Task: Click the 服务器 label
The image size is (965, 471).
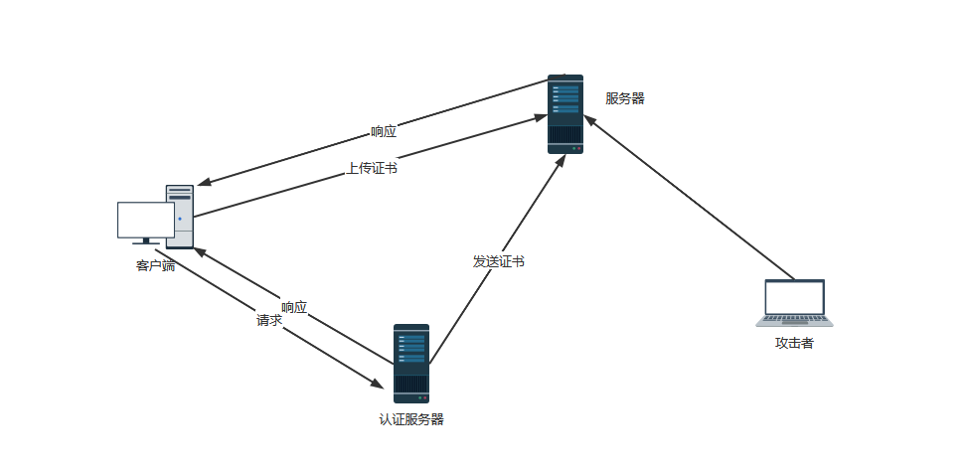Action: [x=625, y=98]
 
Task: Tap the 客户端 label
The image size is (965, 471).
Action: [x=155, y=265]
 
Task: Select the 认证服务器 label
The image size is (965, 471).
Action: [x=411, y=418]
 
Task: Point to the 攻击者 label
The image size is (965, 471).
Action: [x=794, y=343]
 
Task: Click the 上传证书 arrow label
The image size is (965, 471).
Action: [x=372, y=169]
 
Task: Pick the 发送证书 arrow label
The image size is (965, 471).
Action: [x=498, y=261]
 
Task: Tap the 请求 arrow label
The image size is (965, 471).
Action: [x=269, y=321]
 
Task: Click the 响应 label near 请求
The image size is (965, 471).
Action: [x=294, y=307]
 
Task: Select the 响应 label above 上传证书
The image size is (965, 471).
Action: [x=384, y=131]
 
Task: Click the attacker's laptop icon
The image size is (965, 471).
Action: [x=794, y=303]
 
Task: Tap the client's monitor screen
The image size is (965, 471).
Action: [x=145, y=220]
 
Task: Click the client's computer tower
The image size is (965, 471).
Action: [x=180, y=215]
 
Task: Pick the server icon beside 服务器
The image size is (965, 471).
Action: [x=565, y=114]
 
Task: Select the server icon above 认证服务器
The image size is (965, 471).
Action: [x=410, y=363]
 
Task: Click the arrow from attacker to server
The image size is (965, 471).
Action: [x=696, y=203]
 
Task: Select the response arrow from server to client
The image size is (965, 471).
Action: [x=298, y=154]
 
